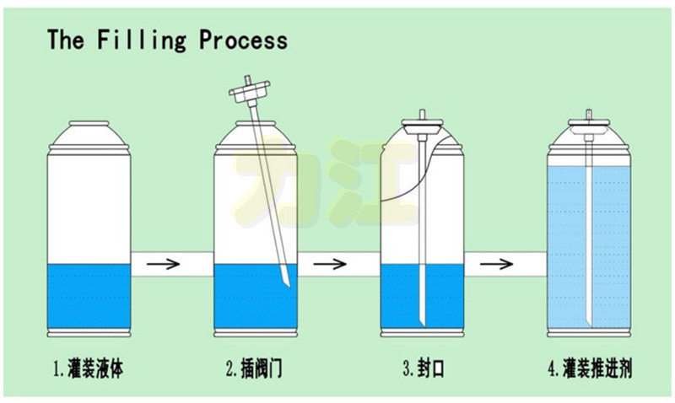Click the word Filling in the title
[x=138, y=40]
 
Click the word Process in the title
[x=244, y=40]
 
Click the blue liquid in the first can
[x=89, y=297]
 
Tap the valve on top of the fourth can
[x=588, y=122]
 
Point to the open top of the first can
[x=89, y=124]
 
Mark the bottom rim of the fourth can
[x=588, y=330]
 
